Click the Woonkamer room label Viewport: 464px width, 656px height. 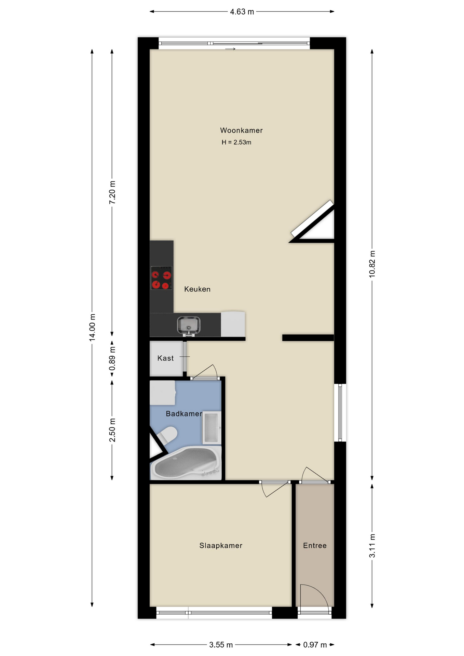pos(241,130)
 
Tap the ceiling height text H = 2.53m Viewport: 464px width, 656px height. pos(236,142)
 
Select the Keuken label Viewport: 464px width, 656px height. pos(197,289)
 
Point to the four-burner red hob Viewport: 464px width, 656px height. pos(161,278)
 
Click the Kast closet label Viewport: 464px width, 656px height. pos(165,358)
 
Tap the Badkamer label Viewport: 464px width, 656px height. pos(184,414)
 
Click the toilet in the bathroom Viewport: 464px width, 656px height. pos(166,435)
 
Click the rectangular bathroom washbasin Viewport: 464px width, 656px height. pos(212,427)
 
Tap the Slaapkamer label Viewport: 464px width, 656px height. pos(221,546)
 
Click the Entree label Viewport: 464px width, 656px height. pos(315,546)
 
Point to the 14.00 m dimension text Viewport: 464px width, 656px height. pos(92,327)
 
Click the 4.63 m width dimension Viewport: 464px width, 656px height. pos(242,12)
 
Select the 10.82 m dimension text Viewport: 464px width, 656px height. pos(372,264)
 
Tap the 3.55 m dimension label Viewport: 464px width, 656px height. pos(221,645)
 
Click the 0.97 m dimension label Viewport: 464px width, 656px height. pos(315,645)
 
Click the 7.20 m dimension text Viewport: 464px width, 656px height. pos(112,192)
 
